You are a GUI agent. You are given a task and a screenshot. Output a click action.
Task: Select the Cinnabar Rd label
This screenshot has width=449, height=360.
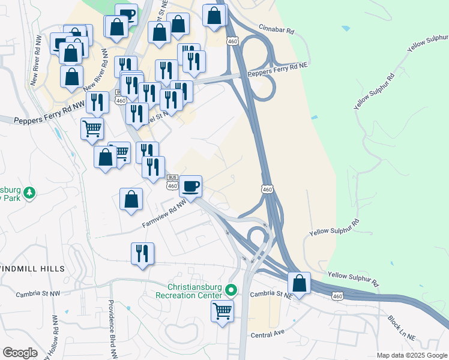coord(277,28)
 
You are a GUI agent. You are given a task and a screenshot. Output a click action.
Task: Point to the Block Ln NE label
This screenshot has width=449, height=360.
coord(402,328)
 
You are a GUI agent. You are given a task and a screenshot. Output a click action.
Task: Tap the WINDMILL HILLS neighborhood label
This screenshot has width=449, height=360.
coord(31,268)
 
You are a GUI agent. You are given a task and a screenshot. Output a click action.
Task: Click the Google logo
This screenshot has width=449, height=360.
coord(20,353)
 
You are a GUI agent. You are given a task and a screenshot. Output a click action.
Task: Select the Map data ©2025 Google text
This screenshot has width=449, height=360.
coord(411,355)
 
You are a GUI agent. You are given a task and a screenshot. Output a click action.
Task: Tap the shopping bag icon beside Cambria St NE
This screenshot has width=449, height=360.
coord(299,283)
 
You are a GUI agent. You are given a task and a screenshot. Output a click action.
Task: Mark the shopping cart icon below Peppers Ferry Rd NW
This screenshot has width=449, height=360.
coord(92,128)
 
